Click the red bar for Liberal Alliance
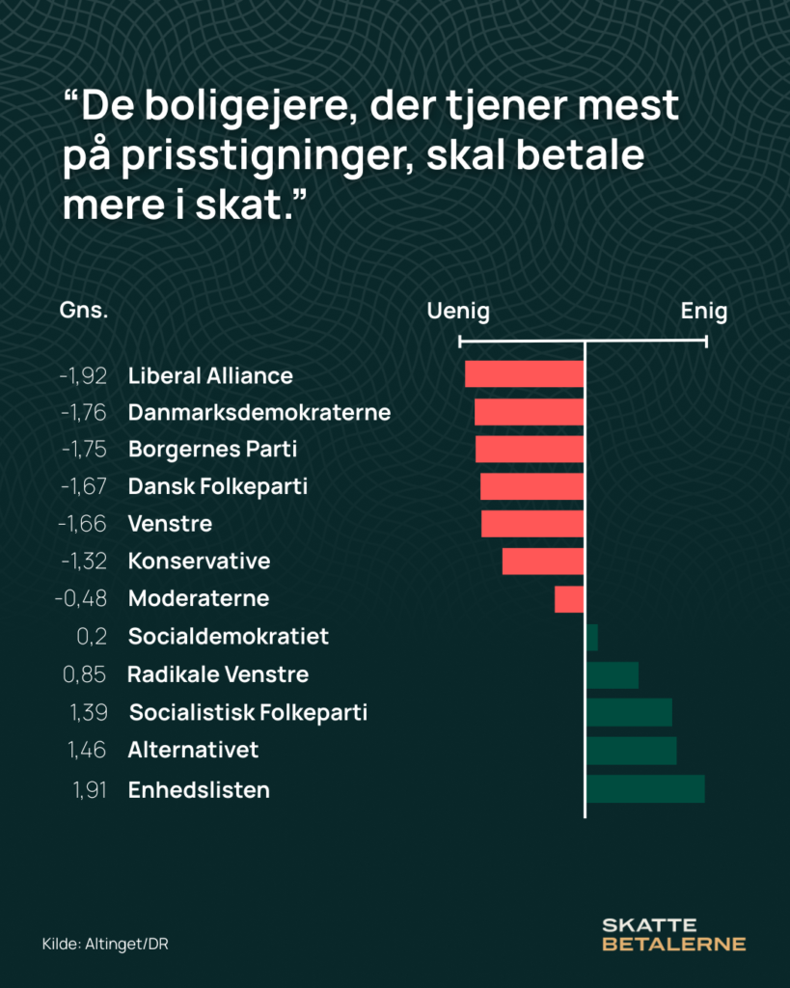click(x=524, y=374)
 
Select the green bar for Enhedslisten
click(x=645, y=789)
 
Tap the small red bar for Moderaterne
click(x=569, y=599)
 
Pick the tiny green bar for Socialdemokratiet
click(x=592, y=637)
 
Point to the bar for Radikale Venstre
click(x=613, y=674)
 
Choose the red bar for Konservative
click(x=543, y=562)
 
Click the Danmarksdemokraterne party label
click(x=259, y=413)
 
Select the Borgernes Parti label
click(x=212, y=450)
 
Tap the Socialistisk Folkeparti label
click(x=248, y=713)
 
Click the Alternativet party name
click(x=193, y=750)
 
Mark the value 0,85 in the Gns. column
click(x=85, y=674)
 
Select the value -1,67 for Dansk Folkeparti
click(x=83, y=487)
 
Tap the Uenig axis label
click(x=458, y=312)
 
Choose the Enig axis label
click(x=704, y=312)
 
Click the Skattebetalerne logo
click(x=673, y=934)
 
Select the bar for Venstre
click(x=532, y=524)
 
